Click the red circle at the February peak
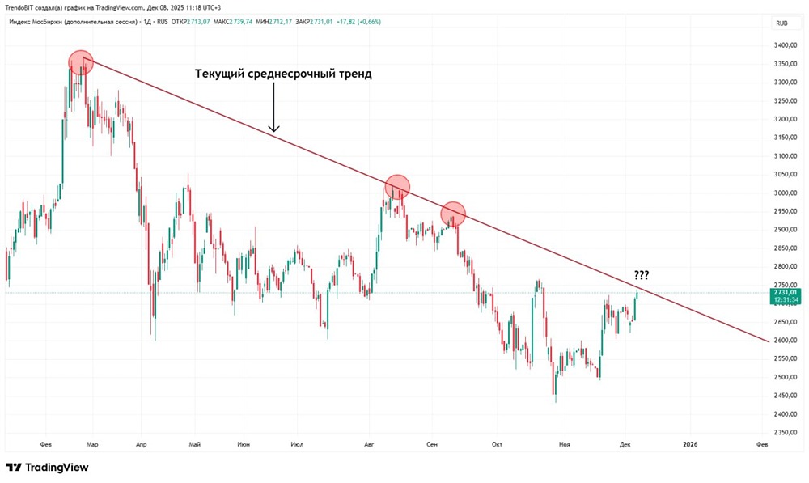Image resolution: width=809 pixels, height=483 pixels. click(81, 62)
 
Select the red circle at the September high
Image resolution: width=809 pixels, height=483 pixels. click(453, 214)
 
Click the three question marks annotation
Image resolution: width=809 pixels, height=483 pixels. click(640, 274)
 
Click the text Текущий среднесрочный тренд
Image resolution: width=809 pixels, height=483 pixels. click(283, 74)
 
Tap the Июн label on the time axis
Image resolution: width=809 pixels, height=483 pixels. click(244, 444)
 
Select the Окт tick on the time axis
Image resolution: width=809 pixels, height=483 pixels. click(496, 444)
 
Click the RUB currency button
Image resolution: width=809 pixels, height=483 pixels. click(781, 23)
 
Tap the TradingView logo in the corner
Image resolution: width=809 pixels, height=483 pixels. click(47, 467)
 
